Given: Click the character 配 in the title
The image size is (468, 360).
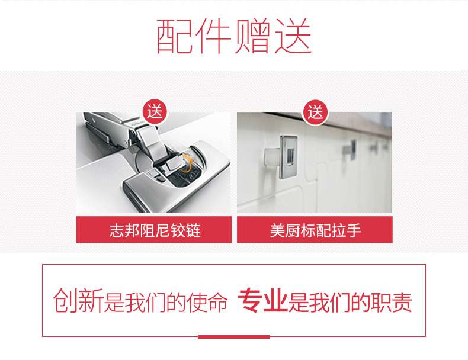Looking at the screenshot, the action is pos(175,36).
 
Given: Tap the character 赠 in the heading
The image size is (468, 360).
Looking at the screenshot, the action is pos(252,36).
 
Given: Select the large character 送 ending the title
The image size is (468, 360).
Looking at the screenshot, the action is pos(293,36).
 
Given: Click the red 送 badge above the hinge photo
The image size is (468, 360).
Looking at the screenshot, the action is pos(155,111).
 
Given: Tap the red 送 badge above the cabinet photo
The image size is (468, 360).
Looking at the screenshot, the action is pos(316,112).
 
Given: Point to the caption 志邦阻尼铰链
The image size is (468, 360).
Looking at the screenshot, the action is pos(155,230).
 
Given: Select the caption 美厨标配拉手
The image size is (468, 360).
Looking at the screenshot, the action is pos(316,230).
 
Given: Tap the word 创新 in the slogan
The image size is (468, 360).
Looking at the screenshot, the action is pos(78,300).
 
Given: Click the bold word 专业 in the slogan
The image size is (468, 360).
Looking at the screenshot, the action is pos(262,300).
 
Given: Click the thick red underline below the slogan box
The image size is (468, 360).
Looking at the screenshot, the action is pos(234,337).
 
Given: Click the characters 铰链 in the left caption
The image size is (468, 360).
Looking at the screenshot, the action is pos(185,230).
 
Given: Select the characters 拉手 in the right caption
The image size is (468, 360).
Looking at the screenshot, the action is pos(347,230).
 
